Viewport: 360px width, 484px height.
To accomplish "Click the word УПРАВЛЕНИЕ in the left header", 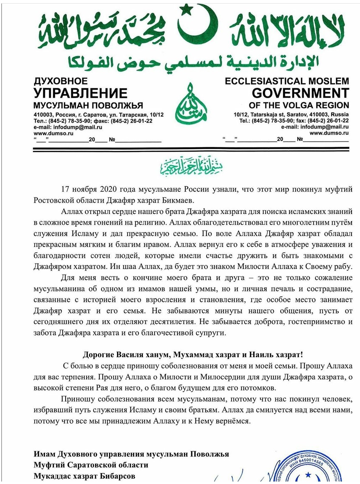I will click(x=80, y=93).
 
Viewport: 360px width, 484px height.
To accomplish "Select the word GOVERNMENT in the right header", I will click(x=300, y=93).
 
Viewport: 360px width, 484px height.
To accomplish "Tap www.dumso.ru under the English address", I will click(x=329, y=133).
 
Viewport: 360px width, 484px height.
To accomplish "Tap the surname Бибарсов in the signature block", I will click(x=116, y=476).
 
